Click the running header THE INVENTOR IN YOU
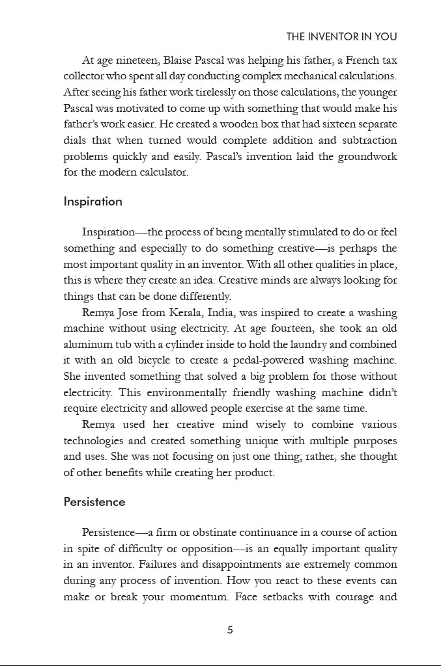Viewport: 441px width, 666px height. coord(341,37)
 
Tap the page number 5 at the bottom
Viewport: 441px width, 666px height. coord(230,630)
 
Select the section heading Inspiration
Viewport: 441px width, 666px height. coord(92,202)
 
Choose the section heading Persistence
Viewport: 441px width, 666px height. coord(94,502)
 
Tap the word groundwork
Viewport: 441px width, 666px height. coord(367,157)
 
